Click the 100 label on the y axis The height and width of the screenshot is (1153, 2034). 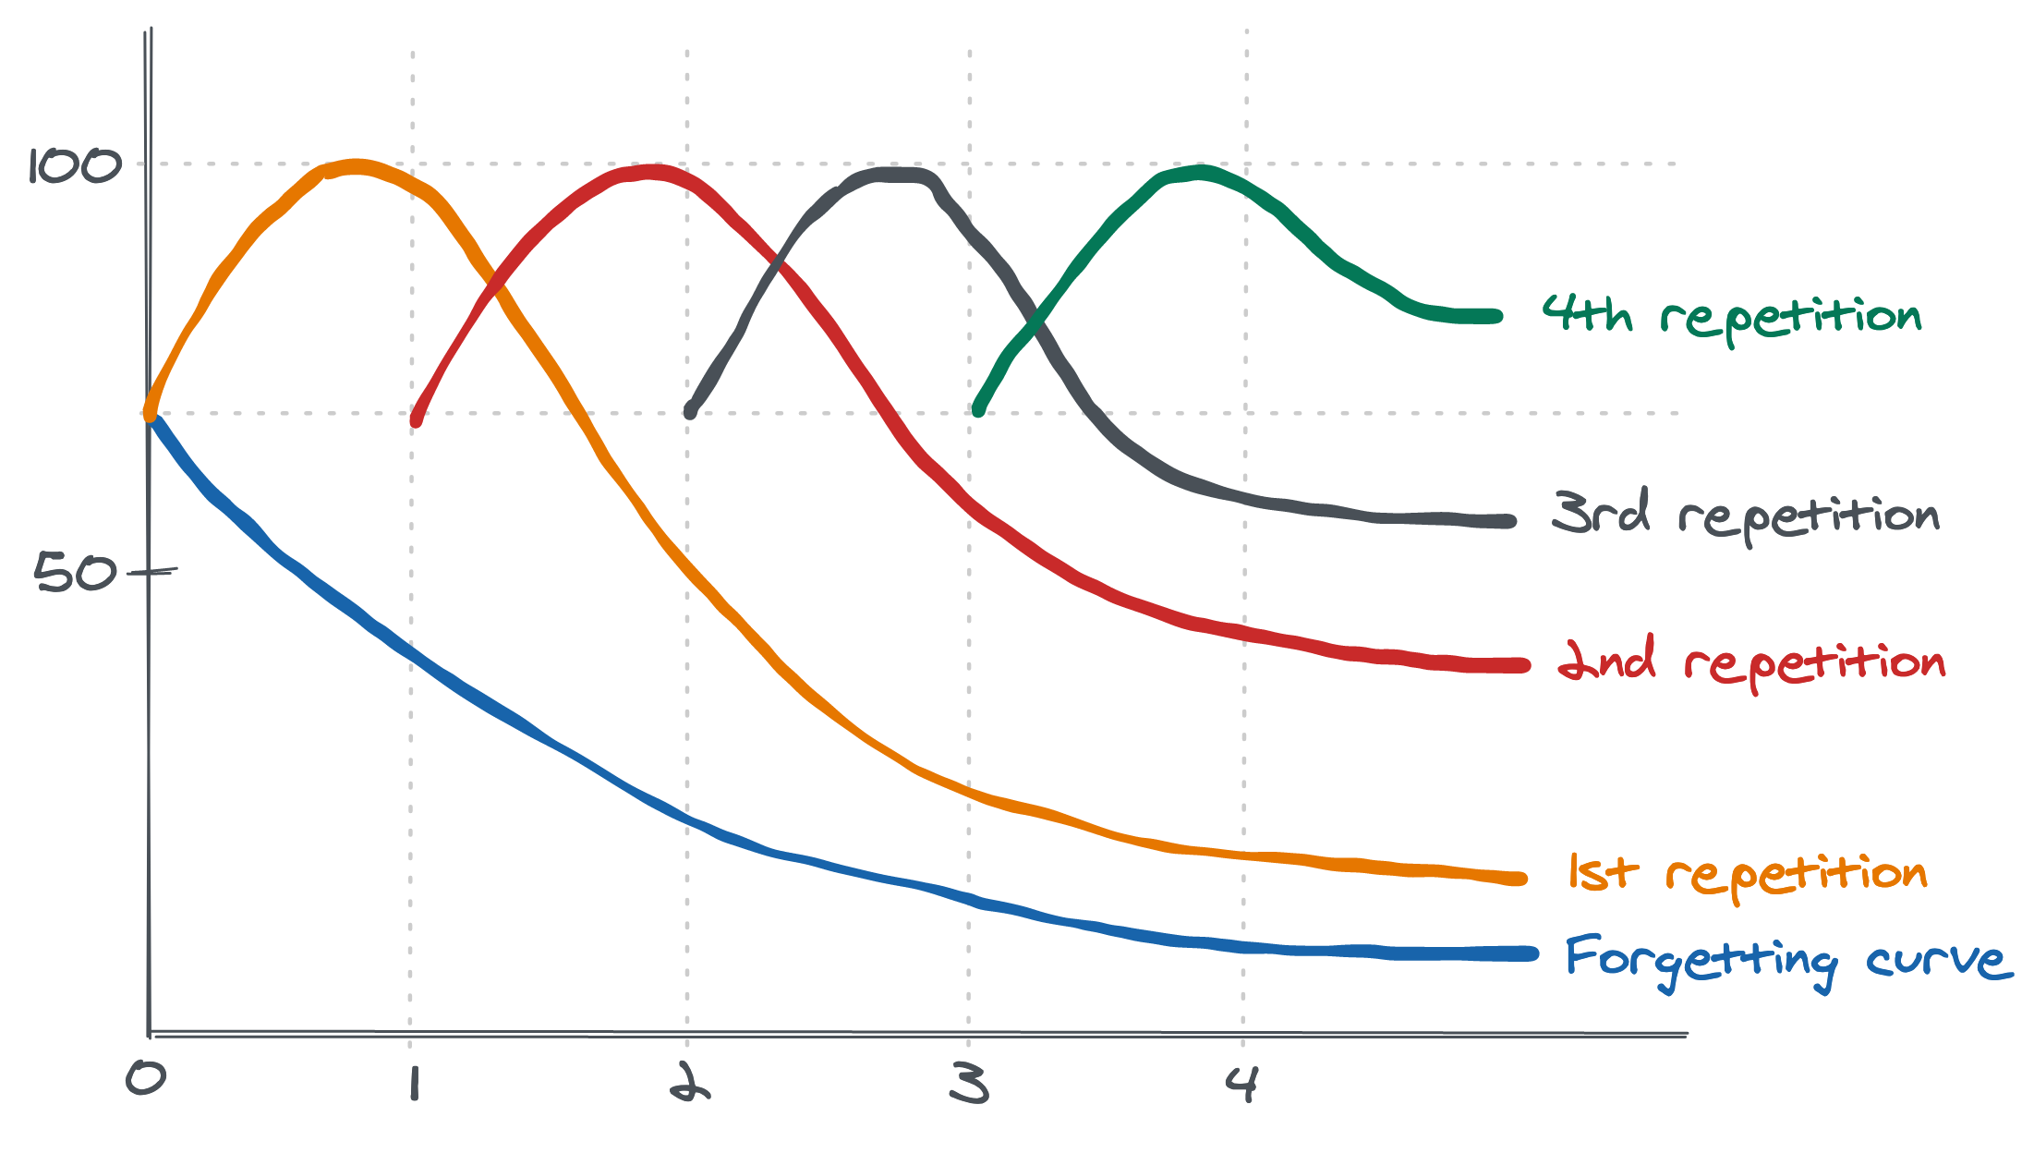click(x=75, y=167)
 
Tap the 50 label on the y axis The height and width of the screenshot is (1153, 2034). click(x=76, y=573)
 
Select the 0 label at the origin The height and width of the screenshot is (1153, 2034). click(x=146, y=1078)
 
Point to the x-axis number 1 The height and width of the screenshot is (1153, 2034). click(x=413, y=1083)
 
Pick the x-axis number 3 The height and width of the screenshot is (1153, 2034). click(x=970, y=1083)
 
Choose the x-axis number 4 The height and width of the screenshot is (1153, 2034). click(x=1241, y=1083)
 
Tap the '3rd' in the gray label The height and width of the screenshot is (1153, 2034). click(x=1601, y=513)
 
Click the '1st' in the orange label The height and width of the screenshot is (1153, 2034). click(x=1603, y=872)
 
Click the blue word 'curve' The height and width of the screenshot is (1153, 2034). click(x=1938, y=961)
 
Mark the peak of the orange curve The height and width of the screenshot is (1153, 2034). click(x=356, y=167)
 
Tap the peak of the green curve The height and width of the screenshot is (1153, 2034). click(x=1199, y=172)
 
